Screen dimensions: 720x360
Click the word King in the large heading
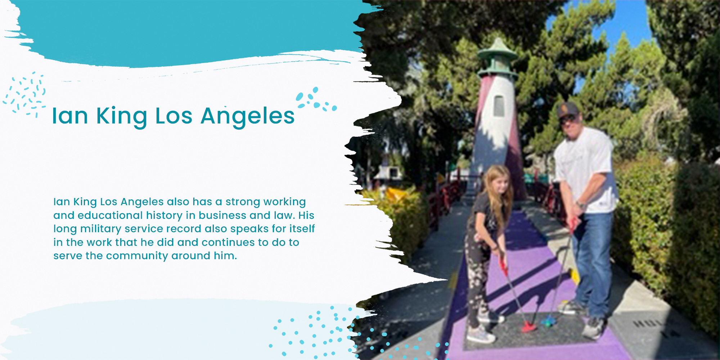click(x=122, y=117)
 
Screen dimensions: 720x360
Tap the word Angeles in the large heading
click(x=248, y=117)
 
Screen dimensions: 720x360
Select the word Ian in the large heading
click(x=70, y=116)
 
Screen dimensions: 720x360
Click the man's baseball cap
click(x=568, y=110)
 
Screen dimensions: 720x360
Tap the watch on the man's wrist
click(x=580, y=205)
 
